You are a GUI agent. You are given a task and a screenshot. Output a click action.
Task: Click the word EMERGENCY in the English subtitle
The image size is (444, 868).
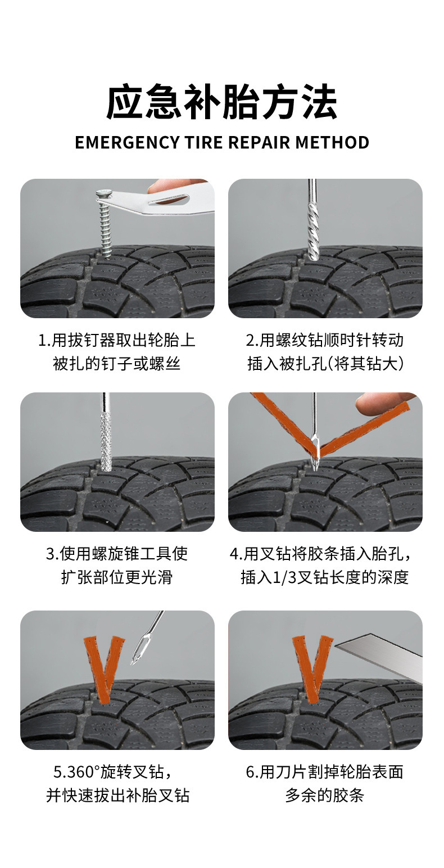pos(127,143)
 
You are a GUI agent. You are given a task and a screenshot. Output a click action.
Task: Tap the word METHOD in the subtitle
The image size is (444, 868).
pos(332,143)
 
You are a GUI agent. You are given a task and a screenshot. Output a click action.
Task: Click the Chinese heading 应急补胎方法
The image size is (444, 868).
pos(221,102)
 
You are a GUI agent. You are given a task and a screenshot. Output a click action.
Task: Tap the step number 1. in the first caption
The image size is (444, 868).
pos(44,341)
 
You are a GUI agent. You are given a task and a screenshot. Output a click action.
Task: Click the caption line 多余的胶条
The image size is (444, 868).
pos(325,795)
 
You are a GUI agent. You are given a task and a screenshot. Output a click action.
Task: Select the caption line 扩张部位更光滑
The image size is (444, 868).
pos(116,577)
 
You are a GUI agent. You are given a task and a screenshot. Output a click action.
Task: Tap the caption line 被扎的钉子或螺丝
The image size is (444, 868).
pos(116,364)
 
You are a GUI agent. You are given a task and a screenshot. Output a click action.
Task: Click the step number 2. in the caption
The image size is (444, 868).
pos(252,341)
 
